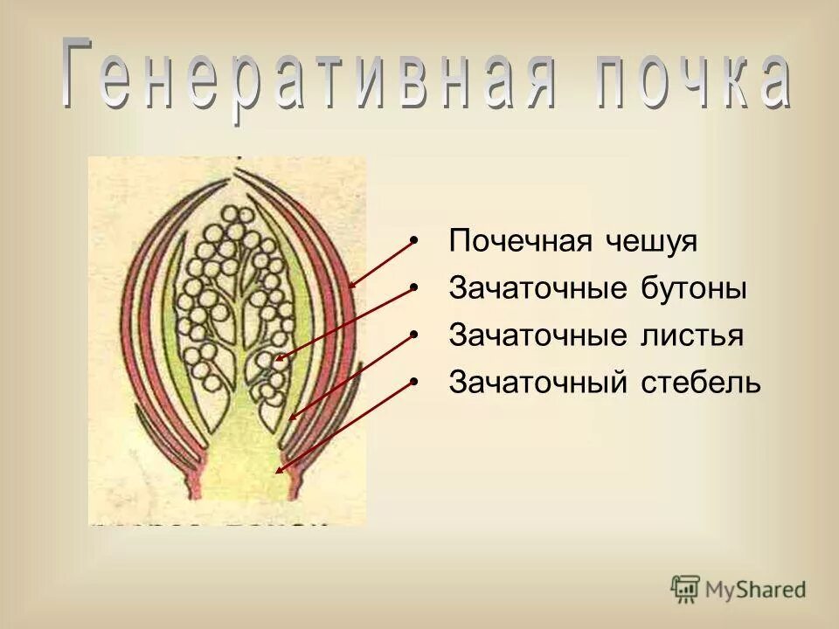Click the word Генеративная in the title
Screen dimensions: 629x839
point(306,77)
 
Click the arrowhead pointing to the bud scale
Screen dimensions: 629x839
point(350,285)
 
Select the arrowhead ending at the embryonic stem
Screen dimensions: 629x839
point(278,471)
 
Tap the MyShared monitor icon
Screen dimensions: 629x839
point(685,589)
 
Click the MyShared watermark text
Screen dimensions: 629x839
point(756,590)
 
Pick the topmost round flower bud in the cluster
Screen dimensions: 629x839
point(234,215)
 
